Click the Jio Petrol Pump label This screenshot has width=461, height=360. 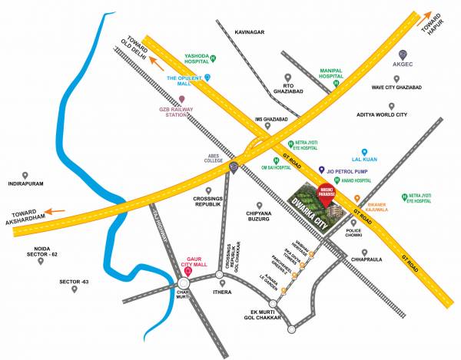point(351,170)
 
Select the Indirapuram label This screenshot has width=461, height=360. point(26,184)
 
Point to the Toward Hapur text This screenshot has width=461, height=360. point(433,28)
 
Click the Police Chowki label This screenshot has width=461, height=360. point(354,233)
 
